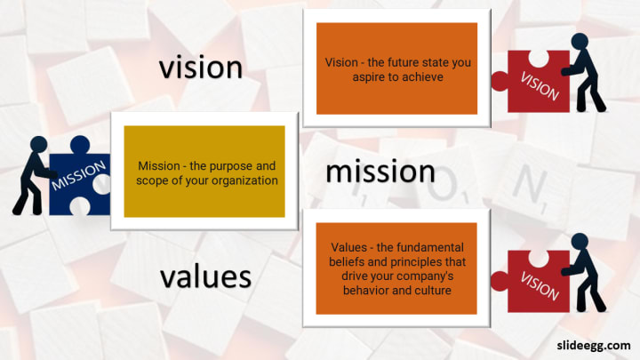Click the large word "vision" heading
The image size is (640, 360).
(x=201, y=68)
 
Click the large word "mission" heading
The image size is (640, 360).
(x=380, y=172)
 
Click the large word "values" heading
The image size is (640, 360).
(x=205, y=276)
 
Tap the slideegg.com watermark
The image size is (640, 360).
(x=594, y=346)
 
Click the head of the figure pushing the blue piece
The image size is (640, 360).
(x=39, y=144)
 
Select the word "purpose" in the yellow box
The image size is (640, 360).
(x=231, y=166)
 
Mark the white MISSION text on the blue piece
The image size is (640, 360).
(x=78, y=175)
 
